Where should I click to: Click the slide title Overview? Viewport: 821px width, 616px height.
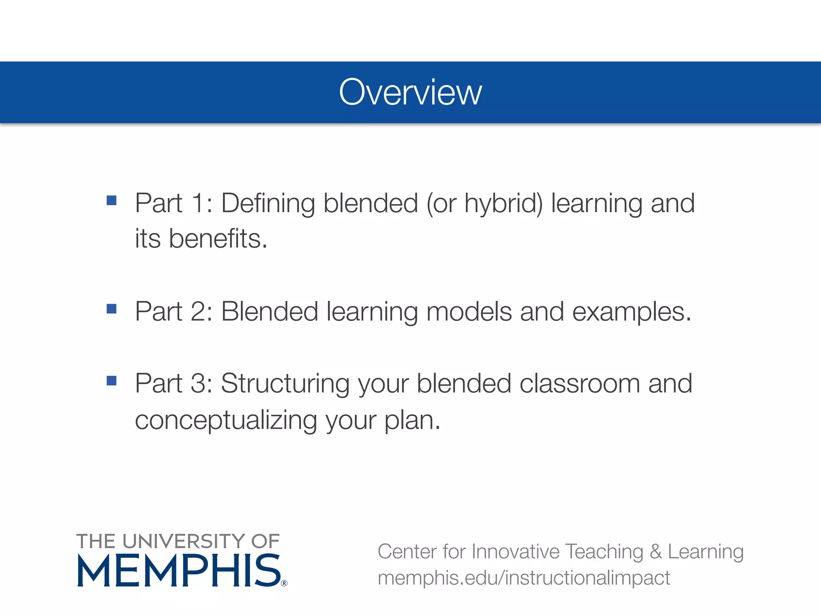pyautogui.click(x=410, y=92)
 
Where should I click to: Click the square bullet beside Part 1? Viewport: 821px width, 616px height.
pyautogui.click(x=111, y=200)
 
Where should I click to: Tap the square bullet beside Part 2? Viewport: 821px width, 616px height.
pyautogui.click(x=111, y=308)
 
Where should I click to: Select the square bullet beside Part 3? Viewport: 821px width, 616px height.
pyautogui.click(x=111, y=380)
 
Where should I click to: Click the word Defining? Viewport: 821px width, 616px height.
pyautogui.click(x=268, y=204)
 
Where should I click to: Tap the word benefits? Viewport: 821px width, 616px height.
pyautogui.click(x=218, y=239)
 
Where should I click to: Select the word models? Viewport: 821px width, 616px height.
pyautogui.click(x=469, y=312)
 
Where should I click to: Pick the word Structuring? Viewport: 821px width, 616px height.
pyautogui.click(x=285, y=384)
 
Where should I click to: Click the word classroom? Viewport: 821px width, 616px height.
pyautogui.click(x=580, y=383)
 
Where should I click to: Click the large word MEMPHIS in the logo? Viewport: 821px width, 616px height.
pyautogui.click(x=179, y=571)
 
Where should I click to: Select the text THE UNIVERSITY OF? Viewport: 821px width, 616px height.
pyautogui.click(x=178, y=541)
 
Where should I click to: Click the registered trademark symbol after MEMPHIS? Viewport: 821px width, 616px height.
pyautogui.click(x=284, y=583)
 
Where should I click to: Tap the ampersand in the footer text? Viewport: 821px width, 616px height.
pyautogui.click(x=655, y=551)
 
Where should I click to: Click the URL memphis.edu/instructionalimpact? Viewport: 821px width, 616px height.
pyautogui.click(x=524, y=578)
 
